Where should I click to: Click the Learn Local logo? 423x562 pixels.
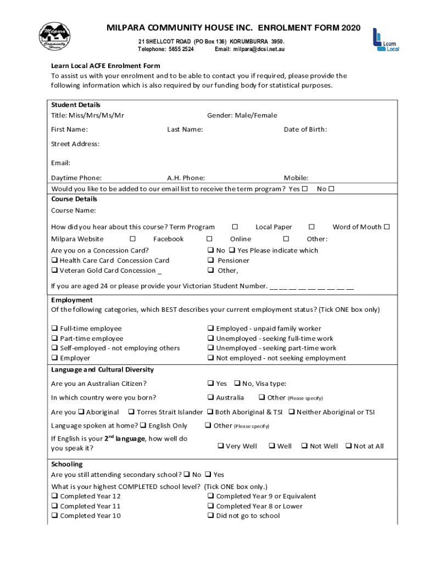(385, 40)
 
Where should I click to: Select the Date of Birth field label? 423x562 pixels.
(305, 130)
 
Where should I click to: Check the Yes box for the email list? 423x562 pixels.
(304, 189)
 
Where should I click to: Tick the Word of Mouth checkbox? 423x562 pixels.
(387, 227)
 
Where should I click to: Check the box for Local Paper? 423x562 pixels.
(311, 227)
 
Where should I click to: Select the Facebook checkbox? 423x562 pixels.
(209, 239)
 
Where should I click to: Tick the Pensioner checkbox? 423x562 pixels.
(211, 261)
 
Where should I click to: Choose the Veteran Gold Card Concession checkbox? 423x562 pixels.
(54, 271)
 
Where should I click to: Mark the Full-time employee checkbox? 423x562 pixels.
(54, 329)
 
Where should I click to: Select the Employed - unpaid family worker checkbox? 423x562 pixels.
(211, 329)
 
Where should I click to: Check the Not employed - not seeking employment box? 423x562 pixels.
(211, 358)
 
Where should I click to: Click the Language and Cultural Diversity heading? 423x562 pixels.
(102, 370)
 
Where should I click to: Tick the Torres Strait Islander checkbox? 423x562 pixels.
(131, 412)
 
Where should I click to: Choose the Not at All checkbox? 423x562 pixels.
(348, 446)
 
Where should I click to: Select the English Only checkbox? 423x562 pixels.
(143, 425)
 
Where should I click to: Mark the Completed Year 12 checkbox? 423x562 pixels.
(54, 496)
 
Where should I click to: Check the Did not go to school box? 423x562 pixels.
(211, 516)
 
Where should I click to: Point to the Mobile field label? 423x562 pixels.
(296, 178)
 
